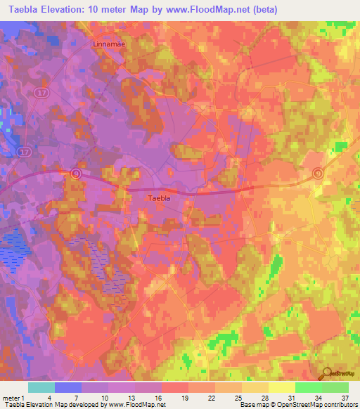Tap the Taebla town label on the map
(x=158, y=198)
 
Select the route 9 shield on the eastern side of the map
(x=318, y=174)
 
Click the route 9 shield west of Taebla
(x=75, y=172)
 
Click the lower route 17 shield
(x=26, y=151)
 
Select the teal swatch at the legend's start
(x=41, y=387)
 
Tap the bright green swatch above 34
(x=308, y=387)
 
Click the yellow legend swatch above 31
(x=281, y=387)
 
